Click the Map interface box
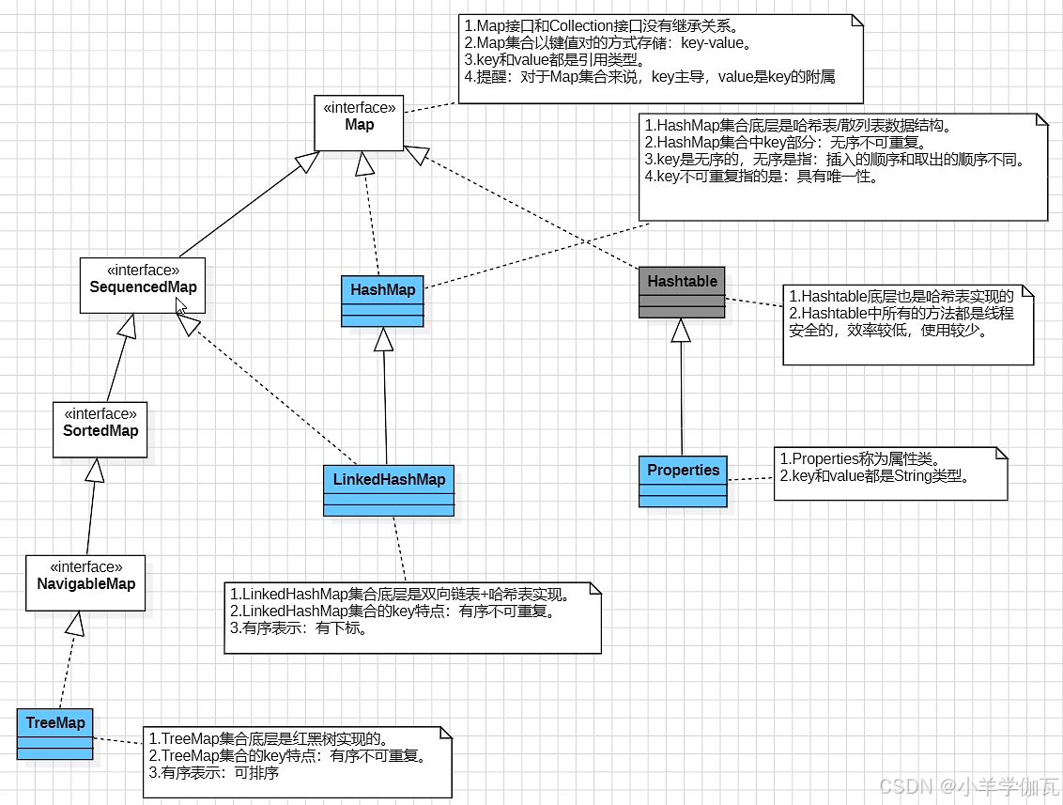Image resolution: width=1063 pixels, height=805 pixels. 360,122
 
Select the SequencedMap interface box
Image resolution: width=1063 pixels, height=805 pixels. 143,285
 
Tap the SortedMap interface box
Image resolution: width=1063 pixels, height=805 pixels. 100,430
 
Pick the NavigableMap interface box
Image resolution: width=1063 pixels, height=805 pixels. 85,582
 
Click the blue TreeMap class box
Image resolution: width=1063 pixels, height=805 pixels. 55,734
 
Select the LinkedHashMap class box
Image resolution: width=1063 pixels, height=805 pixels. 389,489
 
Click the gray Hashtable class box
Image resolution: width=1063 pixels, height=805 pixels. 682,292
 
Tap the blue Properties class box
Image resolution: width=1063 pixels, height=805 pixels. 683,481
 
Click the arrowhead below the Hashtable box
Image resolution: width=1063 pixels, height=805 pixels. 681,330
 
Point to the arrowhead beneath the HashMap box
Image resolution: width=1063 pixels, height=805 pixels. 382,338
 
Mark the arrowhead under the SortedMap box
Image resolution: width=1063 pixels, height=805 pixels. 94,470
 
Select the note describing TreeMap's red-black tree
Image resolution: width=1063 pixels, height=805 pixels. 297,762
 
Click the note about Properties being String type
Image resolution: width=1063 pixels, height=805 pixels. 889,472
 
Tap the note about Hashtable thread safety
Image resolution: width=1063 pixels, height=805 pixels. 907,324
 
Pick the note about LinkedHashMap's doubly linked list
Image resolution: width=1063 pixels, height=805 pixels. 412,617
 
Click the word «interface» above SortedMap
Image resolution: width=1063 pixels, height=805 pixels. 100,413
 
